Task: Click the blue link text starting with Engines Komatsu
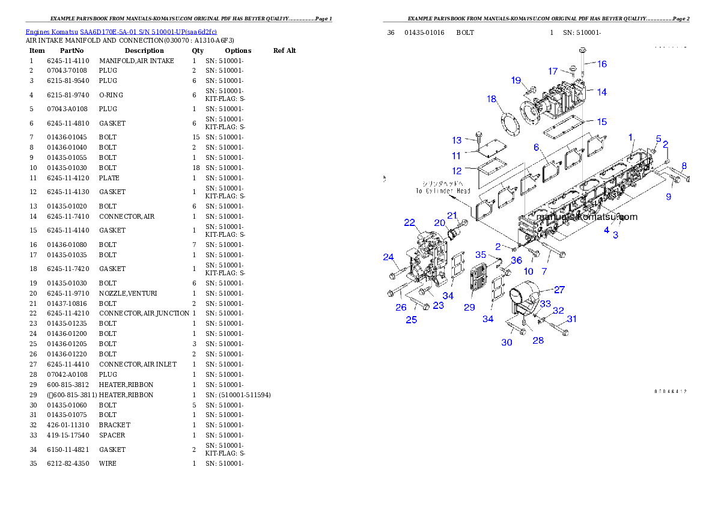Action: (121, 31)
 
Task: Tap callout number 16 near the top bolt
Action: (601, 64)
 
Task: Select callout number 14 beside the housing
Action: (601, 92)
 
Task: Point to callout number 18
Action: (491, 99)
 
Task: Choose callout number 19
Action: (516, 80)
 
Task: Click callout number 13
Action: (457, 140)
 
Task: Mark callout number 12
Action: (457, 171)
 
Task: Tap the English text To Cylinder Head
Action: (442, 191)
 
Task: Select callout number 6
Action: (536, 147)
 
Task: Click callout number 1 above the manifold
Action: (631, 138)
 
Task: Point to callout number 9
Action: (668, 197)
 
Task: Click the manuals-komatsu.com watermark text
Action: (586, 217)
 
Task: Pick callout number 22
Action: (409, 222)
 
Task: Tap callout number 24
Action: (388, 257)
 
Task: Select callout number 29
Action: (469, 307)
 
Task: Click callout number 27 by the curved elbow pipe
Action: (559, 290)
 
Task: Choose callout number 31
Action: (571, 319)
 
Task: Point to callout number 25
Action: (411, 320)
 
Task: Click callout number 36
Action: (517, 260)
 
